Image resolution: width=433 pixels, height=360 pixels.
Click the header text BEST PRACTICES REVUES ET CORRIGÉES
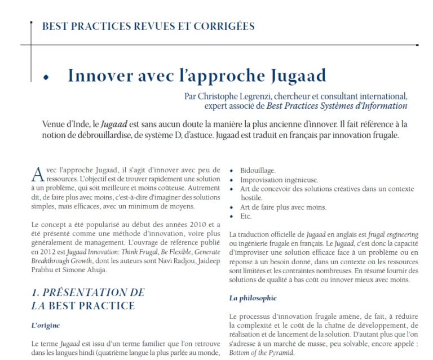(x=148, y=26)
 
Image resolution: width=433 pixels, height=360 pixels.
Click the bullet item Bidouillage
(x=258, y=170)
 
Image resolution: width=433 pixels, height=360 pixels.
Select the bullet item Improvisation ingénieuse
(x=279, y=179)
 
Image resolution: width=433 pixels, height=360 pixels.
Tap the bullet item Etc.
(x=246, y=216)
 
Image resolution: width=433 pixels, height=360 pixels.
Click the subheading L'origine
(x=45, y=325)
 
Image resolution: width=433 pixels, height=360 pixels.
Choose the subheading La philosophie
(x=253, y=297)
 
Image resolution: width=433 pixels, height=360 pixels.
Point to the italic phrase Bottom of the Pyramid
(x=262, y=353)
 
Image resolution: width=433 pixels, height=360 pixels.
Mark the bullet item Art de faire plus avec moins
(x=283, y=207)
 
